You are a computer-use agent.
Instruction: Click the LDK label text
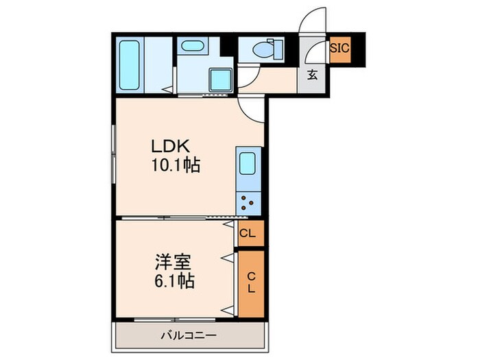[x=174, y=146]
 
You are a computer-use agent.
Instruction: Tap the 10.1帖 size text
[x=175, y=165]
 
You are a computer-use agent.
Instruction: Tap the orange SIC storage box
[x=339, y=49]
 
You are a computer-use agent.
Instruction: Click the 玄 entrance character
[x=312, y=75]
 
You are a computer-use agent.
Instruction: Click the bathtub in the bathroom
[x=130, y=65]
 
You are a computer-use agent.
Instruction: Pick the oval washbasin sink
[x=191, y=47]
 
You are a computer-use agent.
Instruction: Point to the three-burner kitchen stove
[x=247, y=201]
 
